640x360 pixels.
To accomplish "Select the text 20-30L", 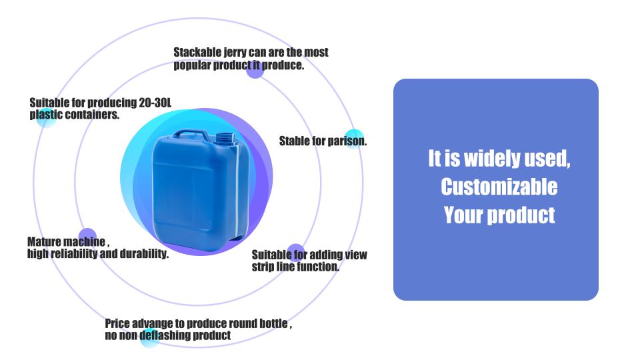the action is point(155,103).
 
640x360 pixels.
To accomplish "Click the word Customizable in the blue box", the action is point(499,187).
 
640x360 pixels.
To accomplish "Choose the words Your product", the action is point(499,215).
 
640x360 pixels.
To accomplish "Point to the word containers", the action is point(92,115).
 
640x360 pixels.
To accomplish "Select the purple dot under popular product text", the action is point(255,69).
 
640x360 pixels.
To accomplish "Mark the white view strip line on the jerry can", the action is point(237,191).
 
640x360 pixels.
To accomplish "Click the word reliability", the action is point(74,253).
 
